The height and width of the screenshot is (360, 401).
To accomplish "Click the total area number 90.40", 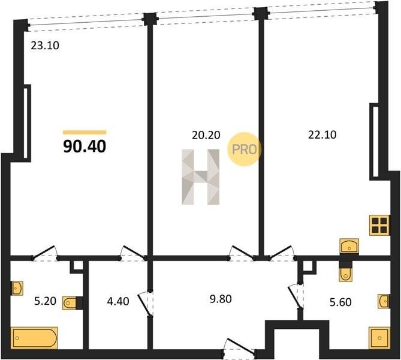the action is point(85,147).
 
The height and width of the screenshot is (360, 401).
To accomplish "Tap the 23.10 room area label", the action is point(45,46).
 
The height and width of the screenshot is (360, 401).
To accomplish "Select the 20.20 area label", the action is point(206,135).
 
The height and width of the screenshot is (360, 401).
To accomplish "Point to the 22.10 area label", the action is point(322,134).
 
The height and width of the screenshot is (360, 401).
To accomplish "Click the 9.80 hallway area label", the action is point(221,299).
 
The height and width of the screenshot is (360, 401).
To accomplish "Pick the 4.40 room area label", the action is point(118,301).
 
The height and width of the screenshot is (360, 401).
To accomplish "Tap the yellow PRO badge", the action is point(244,149).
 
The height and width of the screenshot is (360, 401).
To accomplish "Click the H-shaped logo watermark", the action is point(200,177).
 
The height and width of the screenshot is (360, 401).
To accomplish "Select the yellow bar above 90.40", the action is point(85,133).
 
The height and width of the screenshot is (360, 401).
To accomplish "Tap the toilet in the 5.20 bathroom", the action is point(70,304).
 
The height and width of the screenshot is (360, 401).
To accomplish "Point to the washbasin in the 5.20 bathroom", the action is point(17,288).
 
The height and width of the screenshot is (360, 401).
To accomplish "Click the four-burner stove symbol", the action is point(379,226).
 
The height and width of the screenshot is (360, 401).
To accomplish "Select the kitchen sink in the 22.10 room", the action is point(349,246).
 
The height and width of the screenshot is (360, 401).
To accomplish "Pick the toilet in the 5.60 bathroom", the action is point(346,275).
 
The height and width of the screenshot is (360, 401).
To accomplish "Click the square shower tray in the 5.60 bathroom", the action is point(379,338).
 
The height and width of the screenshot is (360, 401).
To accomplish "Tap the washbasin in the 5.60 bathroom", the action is point(384,301).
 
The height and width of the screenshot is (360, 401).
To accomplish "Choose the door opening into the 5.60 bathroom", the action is point(296,296).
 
